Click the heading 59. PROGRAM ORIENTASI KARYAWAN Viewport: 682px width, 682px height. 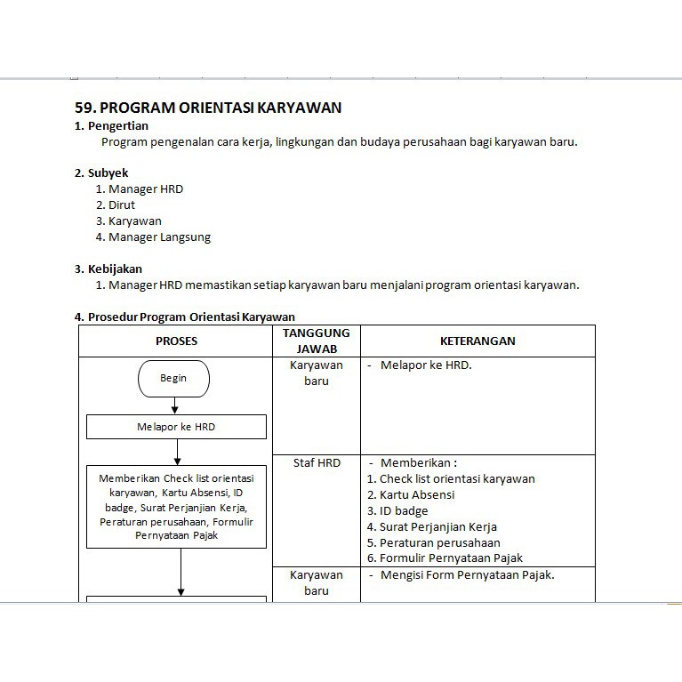pos(208,108)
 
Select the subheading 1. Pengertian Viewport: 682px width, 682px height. pos(111,126)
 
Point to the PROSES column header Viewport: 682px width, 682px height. pos(176,341)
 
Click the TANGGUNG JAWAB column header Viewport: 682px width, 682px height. pos(317,341)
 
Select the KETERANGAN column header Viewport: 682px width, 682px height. pos(477,341)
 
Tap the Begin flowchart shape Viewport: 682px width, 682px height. pos(173,379)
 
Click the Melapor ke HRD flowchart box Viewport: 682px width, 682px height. pos(176,427)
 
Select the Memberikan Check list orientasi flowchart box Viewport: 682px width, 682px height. pos(176,507)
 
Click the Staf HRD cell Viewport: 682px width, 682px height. pos(317,462)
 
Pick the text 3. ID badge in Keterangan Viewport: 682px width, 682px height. pos(397,510)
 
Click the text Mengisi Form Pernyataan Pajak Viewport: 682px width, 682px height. pos(467,574)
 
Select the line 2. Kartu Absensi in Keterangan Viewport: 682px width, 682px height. pos(411,494)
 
